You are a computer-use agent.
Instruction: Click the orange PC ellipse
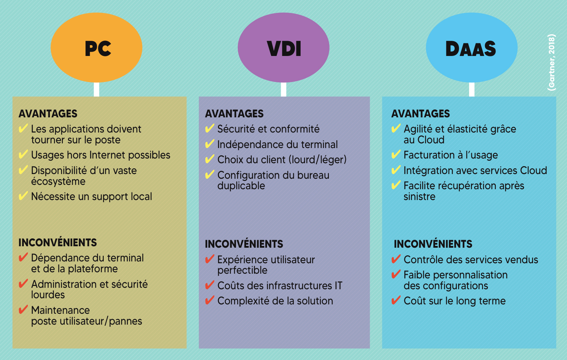(96, 48)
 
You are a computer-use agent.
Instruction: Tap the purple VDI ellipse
(283, 48)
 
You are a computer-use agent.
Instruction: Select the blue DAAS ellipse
(472, 48)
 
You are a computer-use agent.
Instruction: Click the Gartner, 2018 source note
(551, 62)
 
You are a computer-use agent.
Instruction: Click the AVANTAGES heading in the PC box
(48, 114)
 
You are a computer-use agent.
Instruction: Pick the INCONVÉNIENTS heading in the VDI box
(244, 244)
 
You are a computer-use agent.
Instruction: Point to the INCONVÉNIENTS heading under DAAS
(433, 244)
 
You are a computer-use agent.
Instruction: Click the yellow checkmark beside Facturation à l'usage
(396, 155)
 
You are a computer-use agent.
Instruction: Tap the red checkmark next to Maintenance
(23, 310)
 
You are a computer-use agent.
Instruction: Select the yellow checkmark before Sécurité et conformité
(210, 129)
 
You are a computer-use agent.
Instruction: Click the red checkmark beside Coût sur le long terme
(396, 300)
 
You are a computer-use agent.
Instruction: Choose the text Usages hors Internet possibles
(100, 155)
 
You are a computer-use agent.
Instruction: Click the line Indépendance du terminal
(277, 144)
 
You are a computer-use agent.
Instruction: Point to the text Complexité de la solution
(275, 301)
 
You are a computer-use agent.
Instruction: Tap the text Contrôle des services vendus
(471, 260)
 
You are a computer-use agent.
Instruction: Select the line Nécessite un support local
(91, 196)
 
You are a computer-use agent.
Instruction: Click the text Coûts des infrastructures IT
(279, 286)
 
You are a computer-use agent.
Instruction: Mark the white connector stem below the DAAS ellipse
(472, 89)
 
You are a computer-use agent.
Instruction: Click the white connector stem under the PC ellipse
(96, 89)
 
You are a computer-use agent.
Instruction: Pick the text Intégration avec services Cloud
(475, 170)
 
